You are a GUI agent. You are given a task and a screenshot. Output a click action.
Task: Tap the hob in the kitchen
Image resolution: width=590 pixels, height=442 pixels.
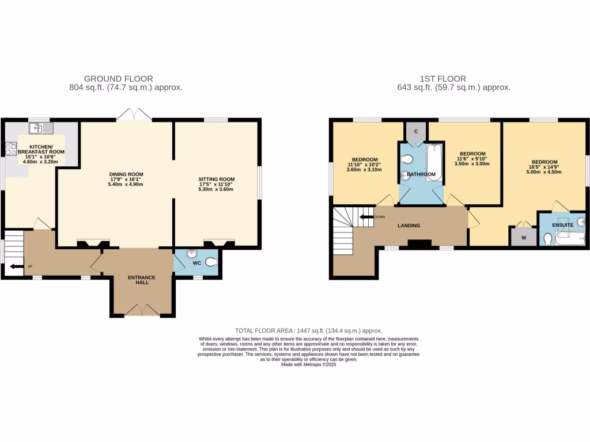(11, 149)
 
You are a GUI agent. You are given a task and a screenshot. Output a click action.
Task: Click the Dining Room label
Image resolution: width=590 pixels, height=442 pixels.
(126, 174)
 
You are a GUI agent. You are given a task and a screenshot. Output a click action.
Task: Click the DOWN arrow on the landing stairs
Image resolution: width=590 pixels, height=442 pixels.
(366, 217)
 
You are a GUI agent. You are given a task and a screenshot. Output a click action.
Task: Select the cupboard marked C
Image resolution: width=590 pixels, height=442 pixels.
(416, 132)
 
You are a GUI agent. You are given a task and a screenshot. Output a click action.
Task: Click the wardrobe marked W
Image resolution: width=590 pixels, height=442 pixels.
(523, 237)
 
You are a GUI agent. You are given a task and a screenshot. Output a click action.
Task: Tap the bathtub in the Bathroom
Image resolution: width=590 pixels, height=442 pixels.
(433, 163)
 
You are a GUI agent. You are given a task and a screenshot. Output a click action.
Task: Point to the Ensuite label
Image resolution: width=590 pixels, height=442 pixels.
(562, 225)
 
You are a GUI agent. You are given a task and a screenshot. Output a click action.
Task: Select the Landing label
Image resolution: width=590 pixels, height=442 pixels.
(409, 226)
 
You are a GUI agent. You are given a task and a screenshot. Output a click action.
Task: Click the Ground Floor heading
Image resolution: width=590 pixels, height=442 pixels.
(118, 79)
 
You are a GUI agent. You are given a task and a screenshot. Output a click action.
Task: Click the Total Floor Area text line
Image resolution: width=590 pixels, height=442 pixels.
(309, 331)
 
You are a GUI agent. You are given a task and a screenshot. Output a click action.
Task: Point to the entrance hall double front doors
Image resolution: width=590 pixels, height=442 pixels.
(142, 311)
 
